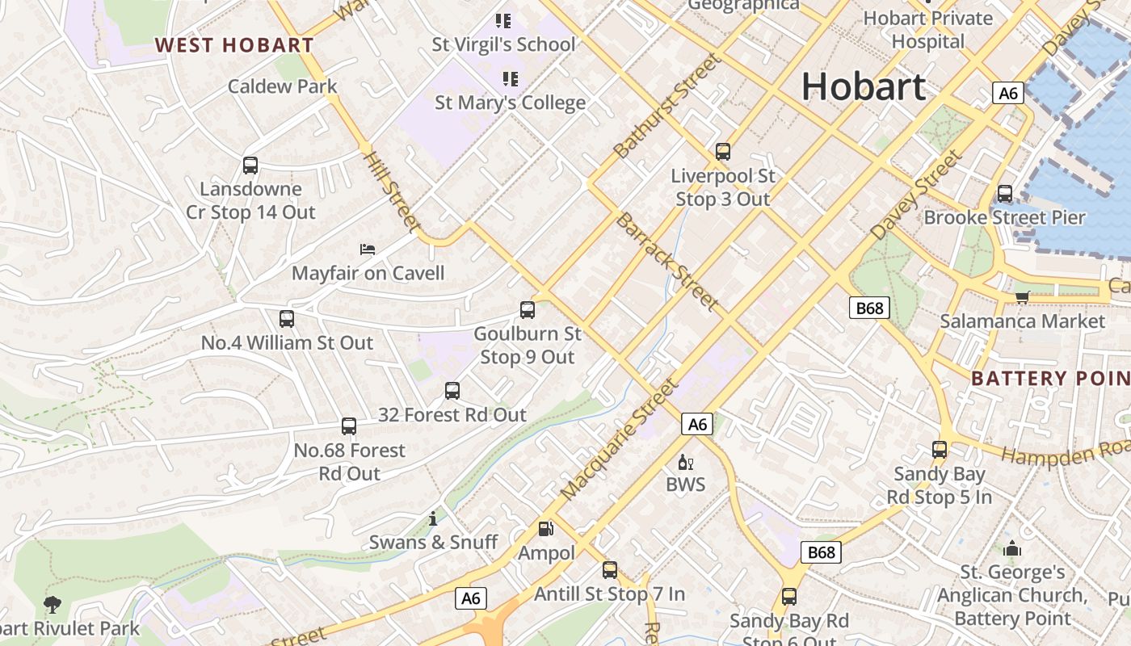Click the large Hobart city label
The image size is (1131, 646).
click(x=864, y=86)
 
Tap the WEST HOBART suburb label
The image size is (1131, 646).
click(x=234, y=45)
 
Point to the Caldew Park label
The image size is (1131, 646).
click(x=282, y=86)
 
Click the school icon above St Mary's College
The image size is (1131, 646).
click(x=510, y=79)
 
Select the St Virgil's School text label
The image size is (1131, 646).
click(x=503, y=45)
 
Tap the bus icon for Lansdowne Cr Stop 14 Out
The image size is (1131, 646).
click(x=250, y=166)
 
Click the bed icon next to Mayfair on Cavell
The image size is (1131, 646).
click(x=368, y=250)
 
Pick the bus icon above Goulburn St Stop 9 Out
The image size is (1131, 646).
click(x=528, y=309)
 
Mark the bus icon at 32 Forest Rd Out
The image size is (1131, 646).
click(x=452, y=391)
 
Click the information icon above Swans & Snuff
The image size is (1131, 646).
click(x=433, y=518)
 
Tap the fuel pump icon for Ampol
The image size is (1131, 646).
click(x=546, y=529)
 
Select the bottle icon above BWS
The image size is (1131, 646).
click(x=685, y=463)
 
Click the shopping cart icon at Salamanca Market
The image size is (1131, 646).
click(x=1022, y=298)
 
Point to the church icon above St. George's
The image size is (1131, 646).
click(x=1012, y=549)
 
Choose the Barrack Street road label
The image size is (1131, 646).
click(x=667, y=262)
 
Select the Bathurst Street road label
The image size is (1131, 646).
click(x=666, y=106)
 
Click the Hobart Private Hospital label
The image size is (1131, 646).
click(x=928, y=29)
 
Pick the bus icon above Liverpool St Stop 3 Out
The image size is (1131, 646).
click(x=723, y=151)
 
